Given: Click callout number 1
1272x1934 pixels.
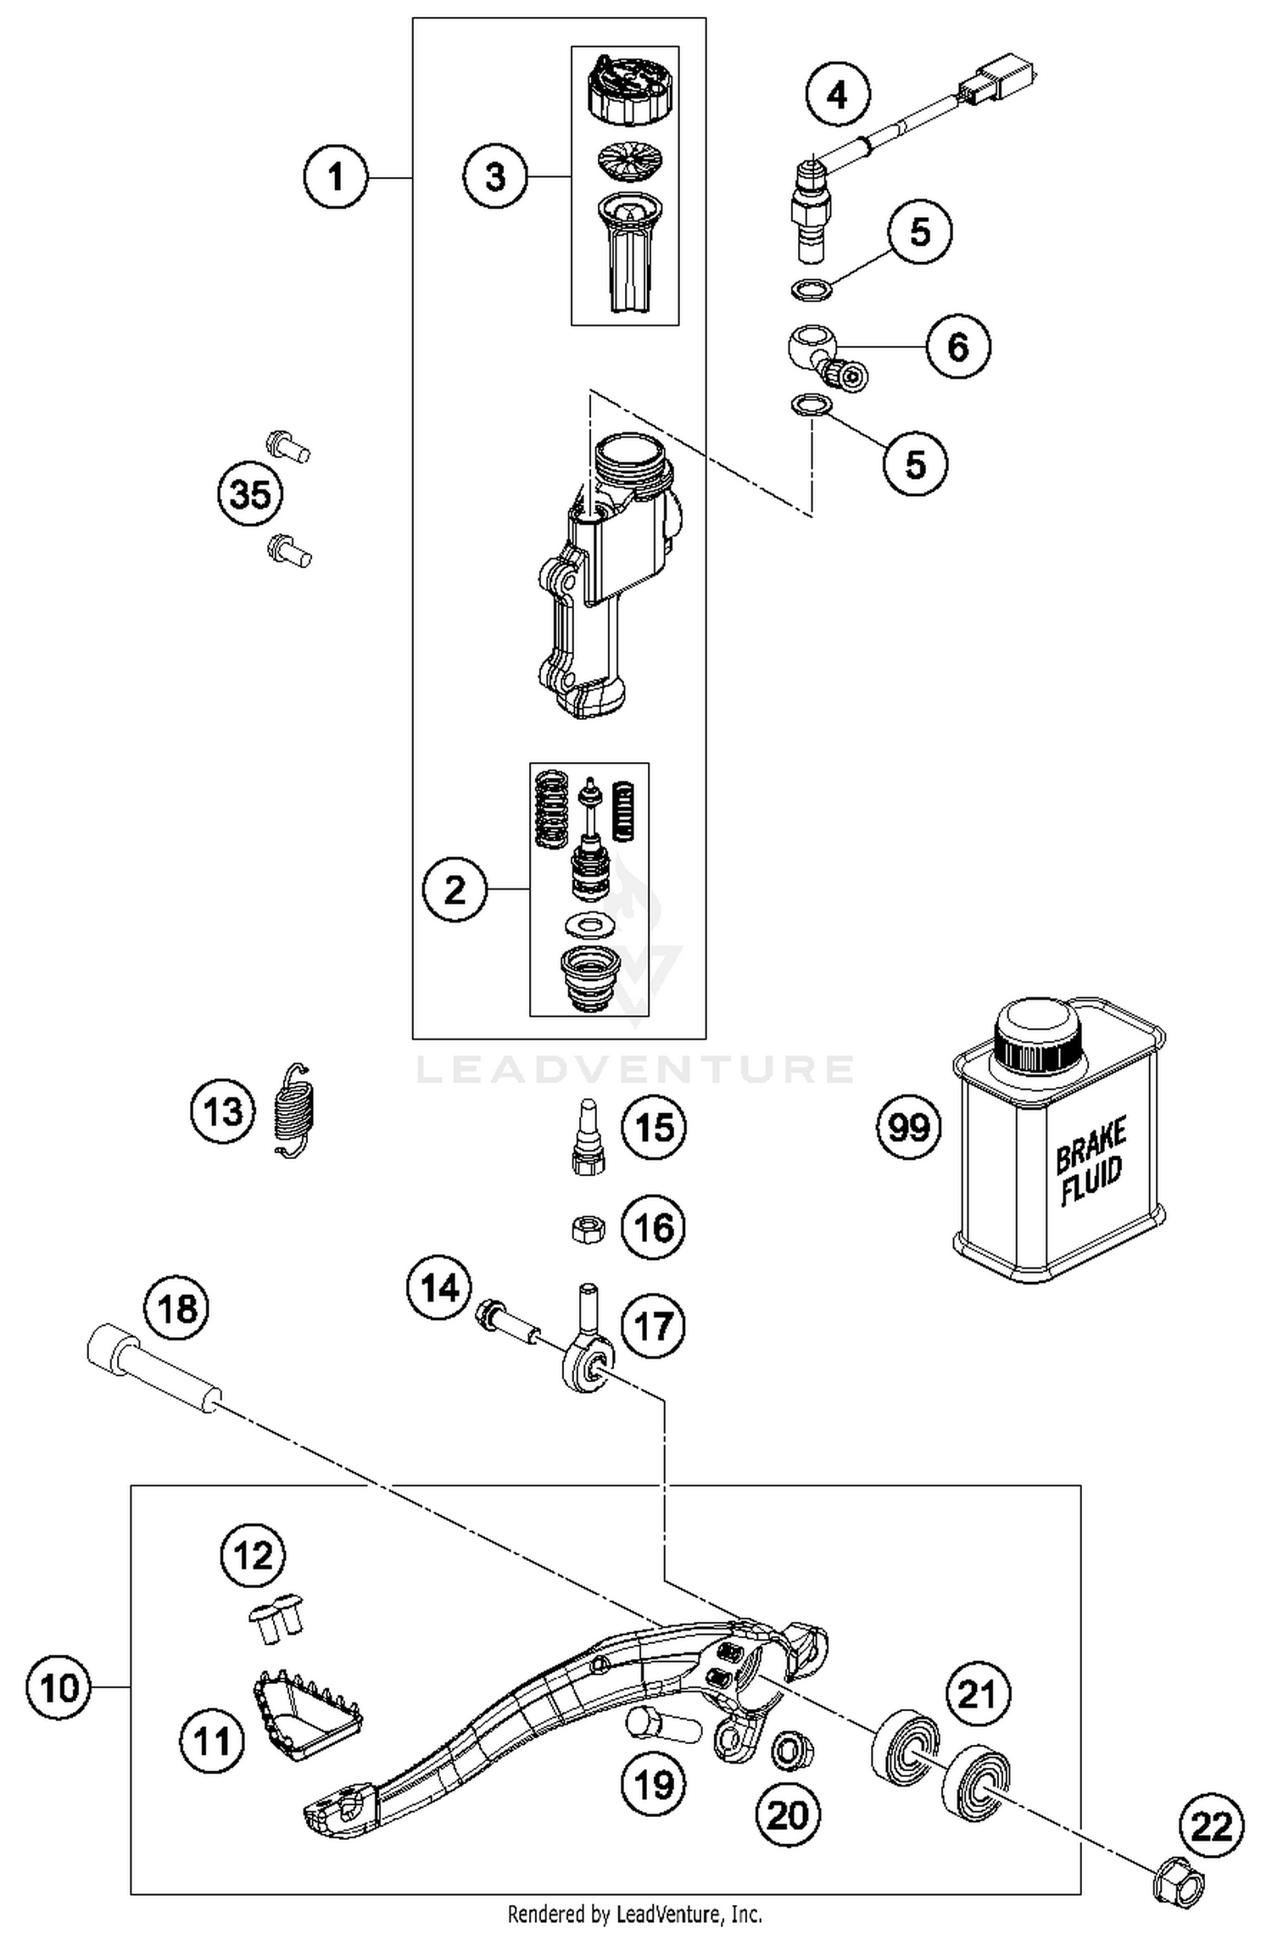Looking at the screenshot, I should tap(336, 178).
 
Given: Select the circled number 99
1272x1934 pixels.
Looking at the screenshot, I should tap(908, 1128).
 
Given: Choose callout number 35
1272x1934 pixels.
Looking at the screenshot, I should tap(250, 493).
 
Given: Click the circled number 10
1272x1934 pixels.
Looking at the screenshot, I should tap(59, 1687).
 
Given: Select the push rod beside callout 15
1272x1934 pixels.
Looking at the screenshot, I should tap(589, 1136).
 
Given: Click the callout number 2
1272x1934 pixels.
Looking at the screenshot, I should tap(455, 889).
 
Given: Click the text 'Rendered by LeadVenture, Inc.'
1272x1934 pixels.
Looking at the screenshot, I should tap(634, 1913).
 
